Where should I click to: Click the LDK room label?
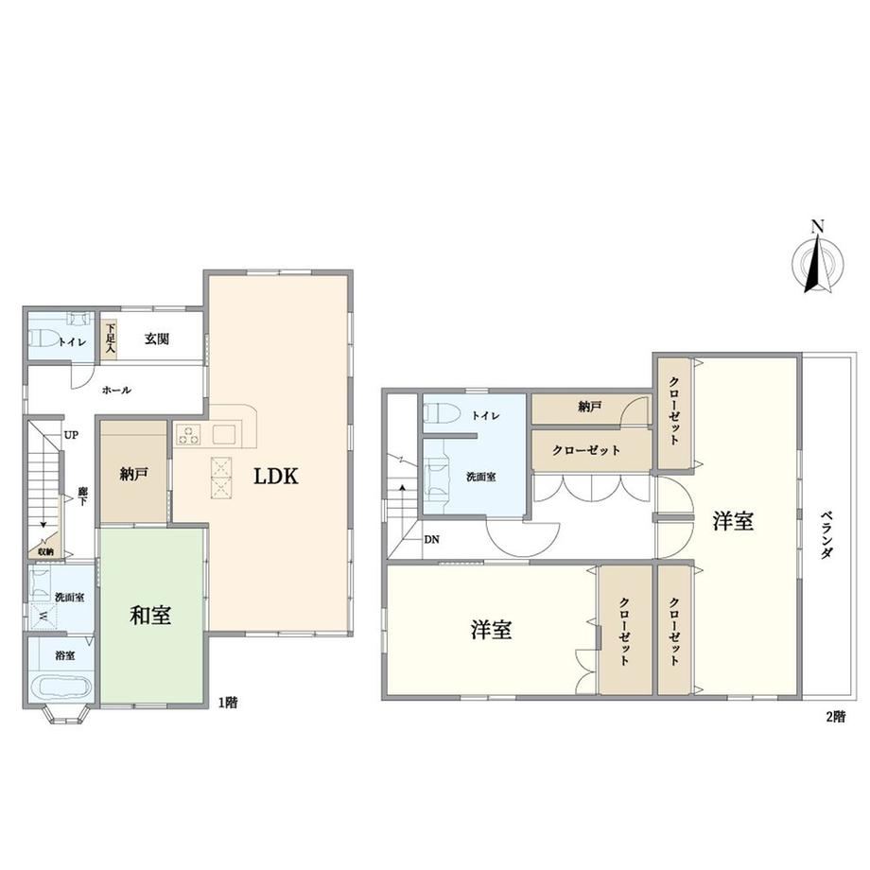[276, 476]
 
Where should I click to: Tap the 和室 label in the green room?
[150, 616]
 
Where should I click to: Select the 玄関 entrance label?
[157, 339]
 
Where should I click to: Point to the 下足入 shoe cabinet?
[109, 339]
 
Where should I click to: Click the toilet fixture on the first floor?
[43, 338]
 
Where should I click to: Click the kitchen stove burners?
[188, 434]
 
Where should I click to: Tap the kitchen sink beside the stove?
[225, 434]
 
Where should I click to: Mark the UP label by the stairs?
[71, 435]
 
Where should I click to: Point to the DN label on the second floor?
[431, 539]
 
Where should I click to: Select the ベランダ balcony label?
[826, 534]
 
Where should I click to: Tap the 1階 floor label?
[228, 703]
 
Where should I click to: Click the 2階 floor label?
[836, 716]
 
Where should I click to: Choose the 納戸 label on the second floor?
[590, 408]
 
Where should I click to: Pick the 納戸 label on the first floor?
[134, 474]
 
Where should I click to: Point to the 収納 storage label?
[46, 551]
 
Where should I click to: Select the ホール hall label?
[116, 390]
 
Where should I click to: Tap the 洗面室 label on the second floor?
[481, 476]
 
